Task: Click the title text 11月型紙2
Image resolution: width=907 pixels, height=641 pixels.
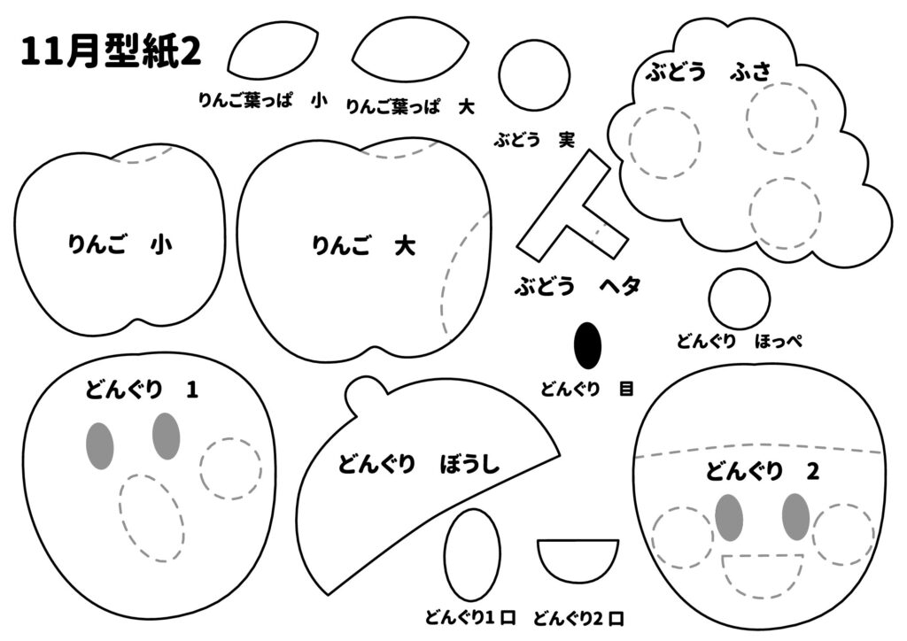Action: coord(111,51)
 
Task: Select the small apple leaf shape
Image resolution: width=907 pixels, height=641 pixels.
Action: coord(273,50)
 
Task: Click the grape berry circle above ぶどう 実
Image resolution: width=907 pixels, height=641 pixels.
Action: coord(534,75)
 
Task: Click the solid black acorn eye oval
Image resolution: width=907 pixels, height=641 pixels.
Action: coord(587,345)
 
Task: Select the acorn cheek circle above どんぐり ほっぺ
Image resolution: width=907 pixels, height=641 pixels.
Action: coord(740,299)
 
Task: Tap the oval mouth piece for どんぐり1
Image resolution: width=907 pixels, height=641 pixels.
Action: coord(471,555)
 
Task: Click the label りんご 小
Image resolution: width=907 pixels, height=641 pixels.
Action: coord(120,244)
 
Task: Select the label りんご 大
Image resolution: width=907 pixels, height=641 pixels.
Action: coord(363,246)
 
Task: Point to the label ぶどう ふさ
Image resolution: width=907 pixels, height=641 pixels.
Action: coord(708,72)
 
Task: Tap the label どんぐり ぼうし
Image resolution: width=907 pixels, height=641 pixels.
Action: coord(418,464)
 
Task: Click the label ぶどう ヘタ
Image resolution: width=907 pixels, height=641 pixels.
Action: coord(578,286)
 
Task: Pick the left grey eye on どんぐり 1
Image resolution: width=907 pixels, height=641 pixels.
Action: coord(99,445)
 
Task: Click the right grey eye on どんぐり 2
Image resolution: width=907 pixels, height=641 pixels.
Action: coord(795,517)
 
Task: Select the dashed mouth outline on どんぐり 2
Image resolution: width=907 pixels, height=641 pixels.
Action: coord(763,578)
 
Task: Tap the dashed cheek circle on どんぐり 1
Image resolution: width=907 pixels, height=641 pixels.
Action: coord(231,468)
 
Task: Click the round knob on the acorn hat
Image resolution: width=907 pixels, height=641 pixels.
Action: coord(366,394)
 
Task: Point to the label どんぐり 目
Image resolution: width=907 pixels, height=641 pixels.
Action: coord(587,389)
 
